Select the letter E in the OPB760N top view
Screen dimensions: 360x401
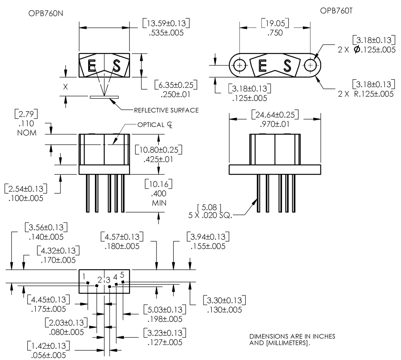93,65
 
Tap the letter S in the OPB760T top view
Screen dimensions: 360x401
287,65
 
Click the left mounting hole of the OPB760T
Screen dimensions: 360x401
240,65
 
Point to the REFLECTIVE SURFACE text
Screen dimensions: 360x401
161,110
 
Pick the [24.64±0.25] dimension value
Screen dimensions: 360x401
275,114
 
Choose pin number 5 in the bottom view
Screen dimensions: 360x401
122,275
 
